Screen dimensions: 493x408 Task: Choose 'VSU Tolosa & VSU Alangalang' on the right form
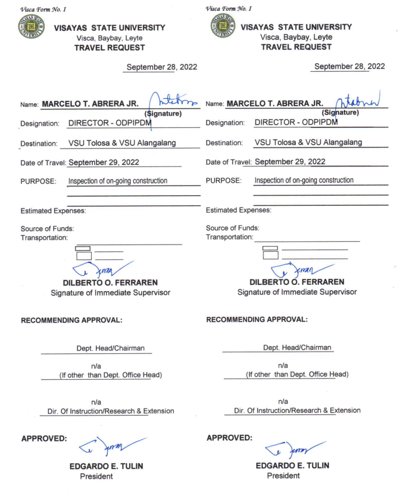(x=308, y=142)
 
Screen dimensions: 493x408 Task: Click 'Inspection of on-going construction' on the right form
(x=304, y=181)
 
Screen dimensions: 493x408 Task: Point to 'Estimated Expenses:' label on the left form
(x=53, y=211)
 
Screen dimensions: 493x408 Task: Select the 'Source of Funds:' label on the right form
(x=233, y=228)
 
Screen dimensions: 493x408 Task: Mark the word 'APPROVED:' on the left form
(x=44, y=438)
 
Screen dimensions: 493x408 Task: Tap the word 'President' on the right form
(x=283, y=476)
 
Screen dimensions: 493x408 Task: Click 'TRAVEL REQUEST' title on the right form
(x=296, y=47)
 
